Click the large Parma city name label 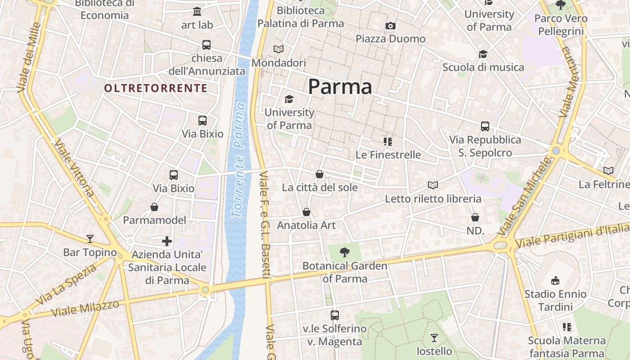click(340, 86)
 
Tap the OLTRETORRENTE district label click(156, 88)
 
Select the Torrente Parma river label click(238, 160)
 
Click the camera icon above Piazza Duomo click(391, 26)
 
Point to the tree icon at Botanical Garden click(345, 252)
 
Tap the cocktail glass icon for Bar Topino click(90, 238)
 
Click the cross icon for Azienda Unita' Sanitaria click(167, 241)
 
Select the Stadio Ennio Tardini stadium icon click(555, 280)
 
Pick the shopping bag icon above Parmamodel click(154, 207)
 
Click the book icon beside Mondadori click(279, 49)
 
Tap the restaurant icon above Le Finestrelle click(388, 142)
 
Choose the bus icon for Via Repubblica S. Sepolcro click(485, 126)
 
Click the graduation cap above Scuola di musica click(483, 54)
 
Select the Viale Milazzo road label click(85, 308)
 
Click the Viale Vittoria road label click(74, 167)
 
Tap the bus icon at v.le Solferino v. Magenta click(335, 315)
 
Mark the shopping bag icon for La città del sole click(319, 174)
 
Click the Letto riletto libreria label click(433, 198)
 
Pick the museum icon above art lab click(197, 11)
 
